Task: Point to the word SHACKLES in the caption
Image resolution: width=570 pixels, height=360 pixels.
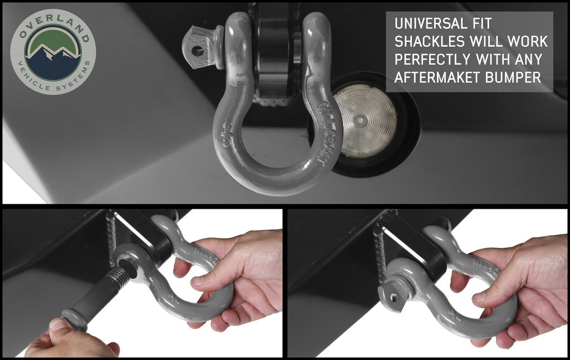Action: [429, 41]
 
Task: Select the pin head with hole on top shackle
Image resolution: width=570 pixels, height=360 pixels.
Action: [199, 49]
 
